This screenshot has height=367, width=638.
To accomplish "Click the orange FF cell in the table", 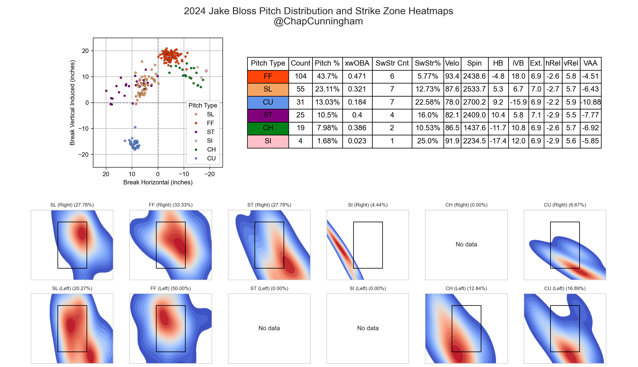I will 268,76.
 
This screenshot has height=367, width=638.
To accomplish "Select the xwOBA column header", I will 357,63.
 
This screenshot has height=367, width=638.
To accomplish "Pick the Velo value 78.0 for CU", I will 452,102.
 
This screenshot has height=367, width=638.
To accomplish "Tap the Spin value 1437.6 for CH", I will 474,128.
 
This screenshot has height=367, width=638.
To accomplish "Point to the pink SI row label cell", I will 268,141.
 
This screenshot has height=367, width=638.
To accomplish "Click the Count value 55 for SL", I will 300,89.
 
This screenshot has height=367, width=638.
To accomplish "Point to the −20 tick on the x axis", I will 209,174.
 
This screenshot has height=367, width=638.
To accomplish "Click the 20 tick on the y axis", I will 86,51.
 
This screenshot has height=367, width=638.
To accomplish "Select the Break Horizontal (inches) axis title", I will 158,182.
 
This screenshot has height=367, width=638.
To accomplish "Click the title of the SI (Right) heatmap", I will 368,205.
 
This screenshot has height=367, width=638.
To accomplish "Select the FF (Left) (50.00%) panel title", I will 170,289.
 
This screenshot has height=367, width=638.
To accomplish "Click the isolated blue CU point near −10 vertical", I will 135,127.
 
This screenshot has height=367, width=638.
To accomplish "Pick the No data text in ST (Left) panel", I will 269,328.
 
